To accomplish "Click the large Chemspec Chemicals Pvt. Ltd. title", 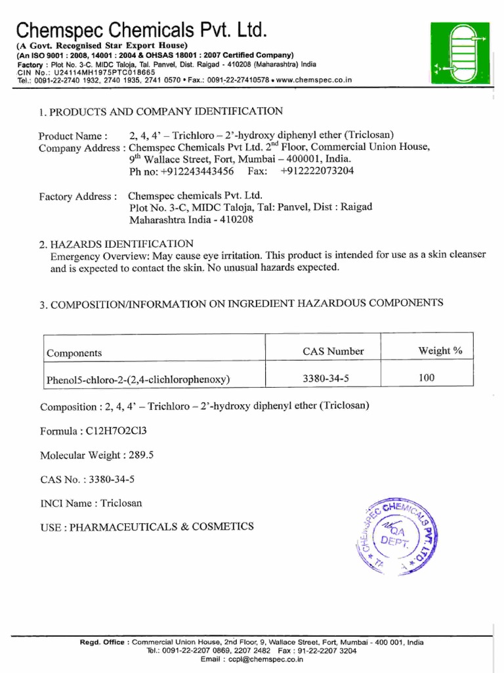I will click(x=141, y=30).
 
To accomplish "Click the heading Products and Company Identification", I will click(x=161, y=112).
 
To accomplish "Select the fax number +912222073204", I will click(x=316, y=171).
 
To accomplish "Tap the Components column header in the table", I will click(x=74, y=353).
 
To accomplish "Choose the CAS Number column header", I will click(x=333, y=352).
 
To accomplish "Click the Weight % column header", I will click(x=440, y=351).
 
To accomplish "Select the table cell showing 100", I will click(x=427, y=378).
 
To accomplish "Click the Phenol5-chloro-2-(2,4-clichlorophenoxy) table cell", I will click(x=138, y=379).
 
